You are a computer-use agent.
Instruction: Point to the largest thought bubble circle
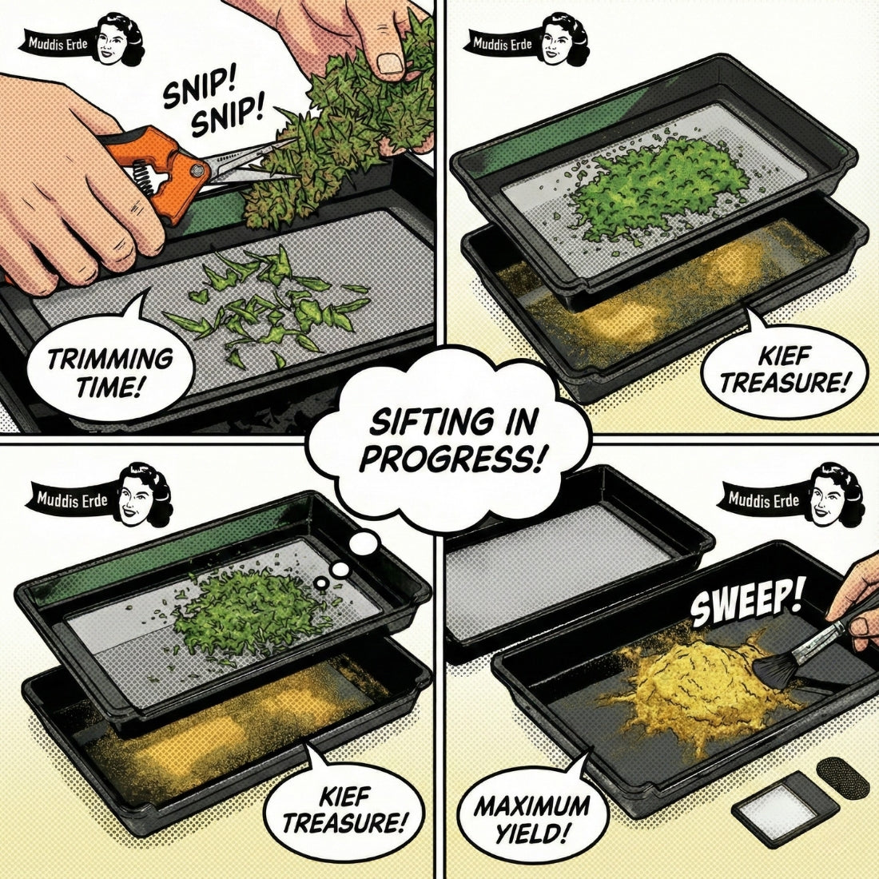pos(364,543)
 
